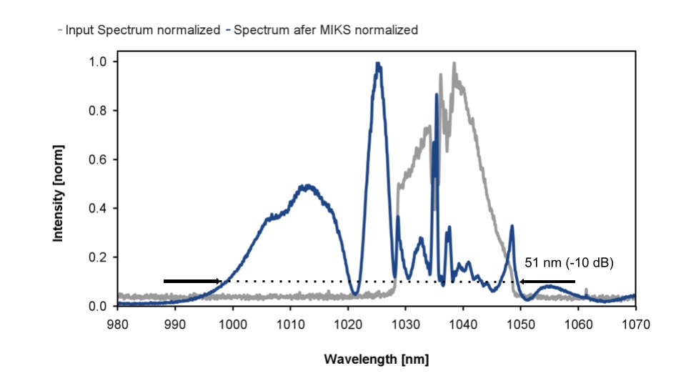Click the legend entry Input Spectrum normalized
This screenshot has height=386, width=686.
[x=142, y=31]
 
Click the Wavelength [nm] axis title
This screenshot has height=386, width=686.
[x=377, y=357]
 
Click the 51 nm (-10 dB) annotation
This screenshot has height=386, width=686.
[x=570, y=262]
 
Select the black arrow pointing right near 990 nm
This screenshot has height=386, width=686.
[x=192, y=281]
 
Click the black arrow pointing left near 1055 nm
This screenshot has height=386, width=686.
[x=547, y=282]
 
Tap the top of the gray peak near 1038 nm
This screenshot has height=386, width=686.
[x=454, y=64]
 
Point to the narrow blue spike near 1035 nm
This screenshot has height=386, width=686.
[x=437, y=96]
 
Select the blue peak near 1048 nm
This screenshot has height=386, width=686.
[x=512, y=227]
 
